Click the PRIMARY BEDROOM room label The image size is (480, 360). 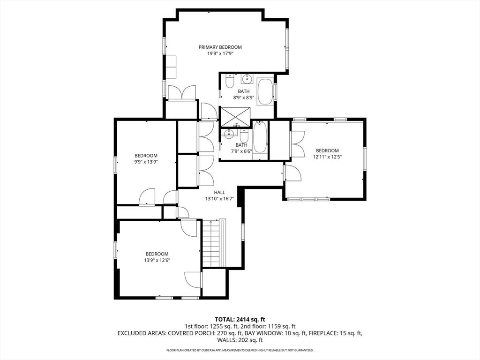tap(220, 47)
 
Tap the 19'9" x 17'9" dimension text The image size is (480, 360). tap(220, 53)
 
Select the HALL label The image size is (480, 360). tap(219, 192)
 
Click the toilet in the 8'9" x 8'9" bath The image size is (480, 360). tap(230, 81)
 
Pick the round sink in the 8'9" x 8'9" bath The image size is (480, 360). tap(246, 79)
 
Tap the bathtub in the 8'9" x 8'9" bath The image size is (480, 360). tap(265, 91)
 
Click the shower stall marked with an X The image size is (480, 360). tap(235, 116)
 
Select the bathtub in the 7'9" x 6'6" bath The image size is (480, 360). tap(260, 137)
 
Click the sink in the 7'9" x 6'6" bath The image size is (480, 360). tap(229, 133)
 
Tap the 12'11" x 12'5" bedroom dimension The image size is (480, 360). tap(327, 157)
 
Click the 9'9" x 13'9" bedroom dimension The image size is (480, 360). tap(146, 162)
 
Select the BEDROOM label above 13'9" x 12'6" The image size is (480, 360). tap(157, 254)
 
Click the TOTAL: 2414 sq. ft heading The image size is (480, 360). tap(240, 320)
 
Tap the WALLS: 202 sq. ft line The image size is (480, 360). tap(240, 340)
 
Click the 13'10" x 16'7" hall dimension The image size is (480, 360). tap(219, 199)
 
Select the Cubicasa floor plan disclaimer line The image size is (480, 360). tap(240, 350)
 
